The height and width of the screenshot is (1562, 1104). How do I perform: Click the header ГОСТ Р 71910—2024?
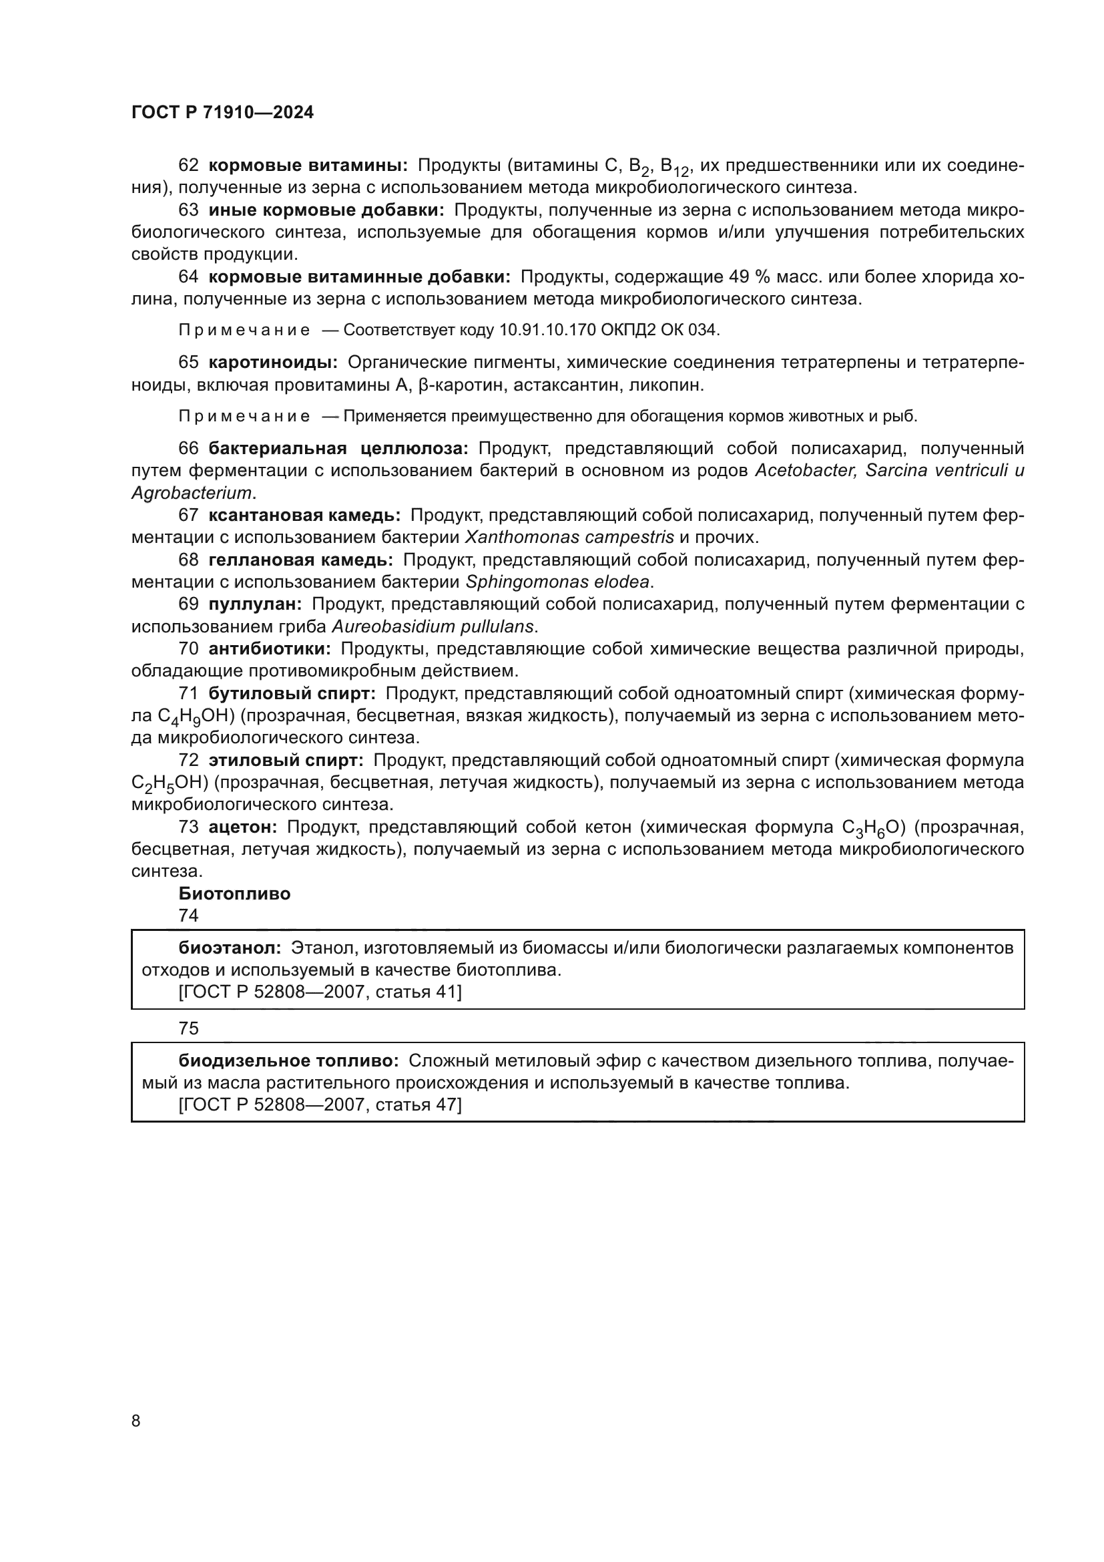tap(222, 112)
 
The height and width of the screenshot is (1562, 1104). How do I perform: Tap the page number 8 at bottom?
tap(136, 1420)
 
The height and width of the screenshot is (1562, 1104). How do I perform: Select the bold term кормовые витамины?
tap(307, 166)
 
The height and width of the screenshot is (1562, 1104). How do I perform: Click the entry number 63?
tap(188, 210)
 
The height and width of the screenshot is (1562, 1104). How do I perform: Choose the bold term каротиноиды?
tap(272, 362)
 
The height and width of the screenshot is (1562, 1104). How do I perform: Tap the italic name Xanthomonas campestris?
tap(569, 538)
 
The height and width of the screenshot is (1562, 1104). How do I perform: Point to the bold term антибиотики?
tap(269, 649)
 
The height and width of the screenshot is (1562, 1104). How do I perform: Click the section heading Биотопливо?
tap(234, 894)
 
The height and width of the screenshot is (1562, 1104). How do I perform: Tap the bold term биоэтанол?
tap(230, 948)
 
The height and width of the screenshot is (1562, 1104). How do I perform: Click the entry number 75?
tap(188, 1028)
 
